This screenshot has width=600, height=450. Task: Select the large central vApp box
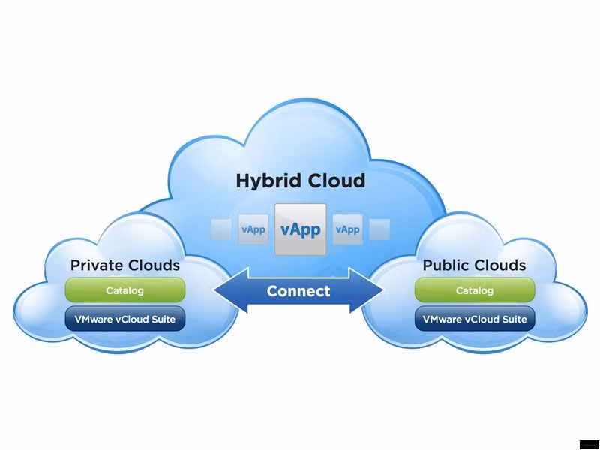[301, 229]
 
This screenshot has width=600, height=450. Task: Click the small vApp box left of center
[253, 229]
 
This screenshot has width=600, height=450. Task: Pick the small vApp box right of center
[347, 229]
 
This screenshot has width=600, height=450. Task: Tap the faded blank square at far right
[380, 229]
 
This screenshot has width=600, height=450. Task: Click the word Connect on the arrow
[298, 291]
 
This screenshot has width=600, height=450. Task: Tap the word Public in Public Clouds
[447, 265]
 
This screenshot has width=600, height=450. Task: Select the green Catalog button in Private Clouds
[125, 289]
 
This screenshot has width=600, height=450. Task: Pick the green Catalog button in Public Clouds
[475, 289]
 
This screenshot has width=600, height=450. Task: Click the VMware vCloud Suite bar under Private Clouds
[125, 319]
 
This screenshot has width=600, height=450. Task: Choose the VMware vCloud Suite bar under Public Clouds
[475, 319]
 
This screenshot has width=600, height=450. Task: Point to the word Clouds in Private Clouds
[154, 265]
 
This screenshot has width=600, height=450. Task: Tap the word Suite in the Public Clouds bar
[513, 319]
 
